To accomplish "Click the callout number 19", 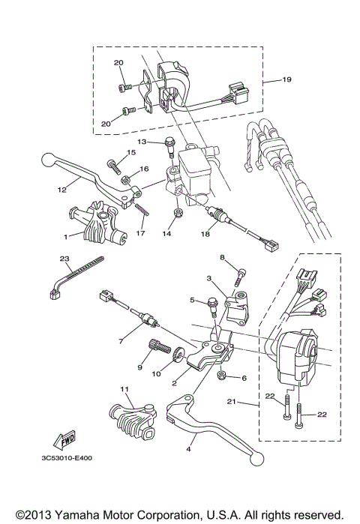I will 286,79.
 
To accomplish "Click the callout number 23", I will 64,259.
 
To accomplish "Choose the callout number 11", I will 124,388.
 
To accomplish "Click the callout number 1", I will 66,235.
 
